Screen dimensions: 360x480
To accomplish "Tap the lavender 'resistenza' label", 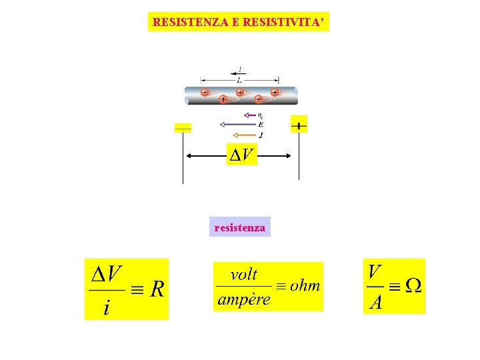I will coord(240,228).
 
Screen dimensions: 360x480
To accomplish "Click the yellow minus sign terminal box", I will coord(183,127).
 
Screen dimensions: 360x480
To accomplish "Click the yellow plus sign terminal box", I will coord(299,125).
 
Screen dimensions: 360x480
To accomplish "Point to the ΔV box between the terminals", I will coord(242,155).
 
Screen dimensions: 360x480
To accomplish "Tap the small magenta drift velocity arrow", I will coord(250,115).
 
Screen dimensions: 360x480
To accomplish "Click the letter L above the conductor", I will coord(239,80).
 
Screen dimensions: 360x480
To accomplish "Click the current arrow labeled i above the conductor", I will coord(238,71).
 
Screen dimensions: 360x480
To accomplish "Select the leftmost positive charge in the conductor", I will coord(205,92).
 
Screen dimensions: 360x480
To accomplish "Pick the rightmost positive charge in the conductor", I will coord(275,92).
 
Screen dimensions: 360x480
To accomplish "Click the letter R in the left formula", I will coord(157,289).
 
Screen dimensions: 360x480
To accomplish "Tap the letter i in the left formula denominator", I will coord(107,307).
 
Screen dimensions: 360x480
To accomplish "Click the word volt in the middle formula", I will coord(243,275).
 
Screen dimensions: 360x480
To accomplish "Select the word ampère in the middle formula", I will coord(244,299).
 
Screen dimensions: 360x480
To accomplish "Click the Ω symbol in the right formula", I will coord(413,285).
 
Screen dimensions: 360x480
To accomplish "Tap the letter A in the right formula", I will coord(376,302).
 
